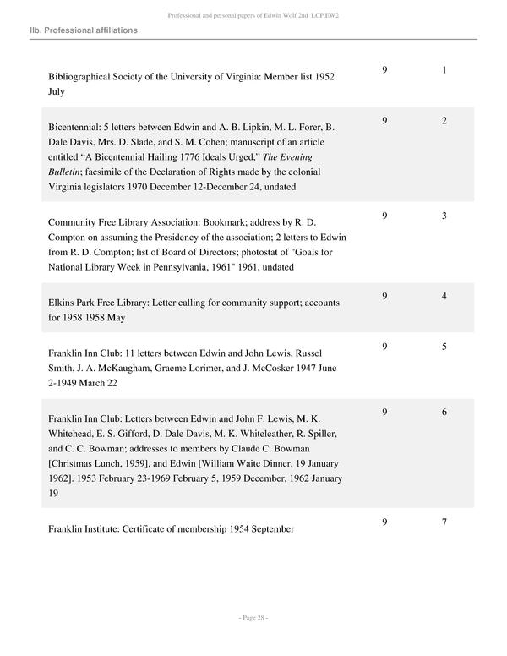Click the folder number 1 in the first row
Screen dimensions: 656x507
click(444, 70)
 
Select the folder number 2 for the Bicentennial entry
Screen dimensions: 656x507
click(444, 121)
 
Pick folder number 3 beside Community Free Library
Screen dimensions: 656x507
click(444, 216)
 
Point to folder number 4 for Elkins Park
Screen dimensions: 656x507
click(444, 296)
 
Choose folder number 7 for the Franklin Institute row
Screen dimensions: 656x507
click(444, 522)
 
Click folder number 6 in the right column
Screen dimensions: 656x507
click(444, 412)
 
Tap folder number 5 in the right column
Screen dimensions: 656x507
click(444, 346)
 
